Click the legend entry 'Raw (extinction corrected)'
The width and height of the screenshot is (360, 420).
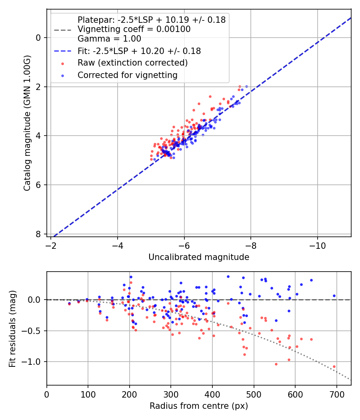(x=132, y=63)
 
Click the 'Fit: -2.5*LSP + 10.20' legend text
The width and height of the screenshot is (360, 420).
(x=139, y=51)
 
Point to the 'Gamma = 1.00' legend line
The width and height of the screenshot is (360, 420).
(x=109, y=39)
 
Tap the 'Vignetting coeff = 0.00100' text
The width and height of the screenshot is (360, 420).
(x=134, y=29)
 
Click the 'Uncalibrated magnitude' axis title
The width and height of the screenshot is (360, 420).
(x=199, y=257)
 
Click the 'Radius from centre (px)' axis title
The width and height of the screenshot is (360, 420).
(x=199, y=406)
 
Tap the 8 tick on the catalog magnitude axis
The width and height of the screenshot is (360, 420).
(x=38, y=234)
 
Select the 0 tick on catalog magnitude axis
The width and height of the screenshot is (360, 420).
(x=38, y=38)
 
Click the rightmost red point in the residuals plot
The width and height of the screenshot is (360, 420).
(x=334, y=366)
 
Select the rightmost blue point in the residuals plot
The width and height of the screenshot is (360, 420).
(x=334, y=296)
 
